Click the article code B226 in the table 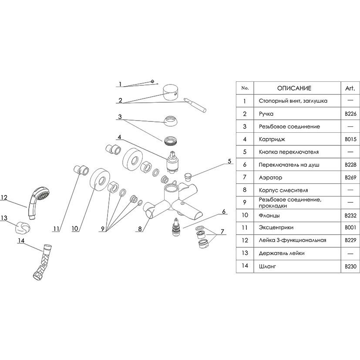pyautogui.click(x=350, y=114)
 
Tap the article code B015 pyautogui.click(x=350, y=139)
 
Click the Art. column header pyautogui.click(x=350, y=88)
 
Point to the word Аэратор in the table pyautogui.click(x=270, y=177)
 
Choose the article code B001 pyautogui.click(x=350, y=227)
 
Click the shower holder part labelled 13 pyautogui.click(x=21, y=227)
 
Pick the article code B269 pyautogui.click(x=350, y=177)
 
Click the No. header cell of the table pyautogui.click(x=245, y=88)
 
